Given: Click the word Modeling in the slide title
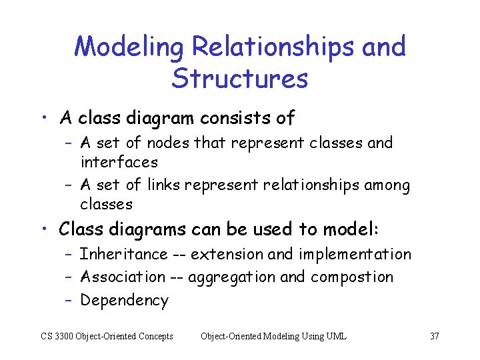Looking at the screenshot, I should [129, 48].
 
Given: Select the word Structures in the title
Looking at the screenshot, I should [239, 79].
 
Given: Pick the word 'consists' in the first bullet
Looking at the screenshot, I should [230, 119].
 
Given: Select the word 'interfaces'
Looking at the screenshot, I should [119, 162].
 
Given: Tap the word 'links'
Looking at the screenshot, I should [163, 185].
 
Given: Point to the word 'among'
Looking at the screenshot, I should [387, 185].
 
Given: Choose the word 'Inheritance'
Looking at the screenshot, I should [124, 254].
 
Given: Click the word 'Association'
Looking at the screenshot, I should [123, 277].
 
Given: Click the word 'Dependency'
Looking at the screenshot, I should [124, 301].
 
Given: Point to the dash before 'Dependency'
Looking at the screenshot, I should [69, 301].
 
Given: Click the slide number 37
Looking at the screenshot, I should [434, 336].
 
